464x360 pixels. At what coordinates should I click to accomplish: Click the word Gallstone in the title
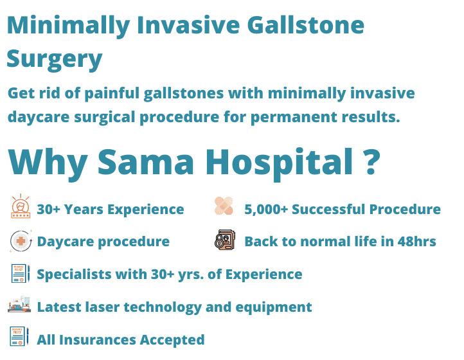[x=305, y=25]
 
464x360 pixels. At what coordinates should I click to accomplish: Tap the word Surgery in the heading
[x=55, y=59]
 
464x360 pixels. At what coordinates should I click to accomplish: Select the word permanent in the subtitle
[x=294, y=117]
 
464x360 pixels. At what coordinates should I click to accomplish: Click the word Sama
[x=146, y=161]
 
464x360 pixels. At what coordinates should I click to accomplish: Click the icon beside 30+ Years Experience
[x=21, y=206]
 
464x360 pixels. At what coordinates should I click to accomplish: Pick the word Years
[x=84, y=210]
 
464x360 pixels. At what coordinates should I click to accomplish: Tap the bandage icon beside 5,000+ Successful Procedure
[x=224, y=206]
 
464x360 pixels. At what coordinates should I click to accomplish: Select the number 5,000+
[x=266, y=210]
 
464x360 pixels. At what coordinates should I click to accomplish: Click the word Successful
[x=329, y=210]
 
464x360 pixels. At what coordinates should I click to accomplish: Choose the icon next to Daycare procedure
[x=21, y=241]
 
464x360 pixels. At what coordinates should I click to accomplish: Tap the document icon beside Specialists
[x=21, y=273]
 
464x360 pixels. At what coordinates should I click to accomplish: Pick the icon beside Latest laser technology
[x=19, y=304]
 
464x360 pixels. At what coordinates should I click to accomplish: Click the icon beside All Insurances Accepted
[x=19, y=336]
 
